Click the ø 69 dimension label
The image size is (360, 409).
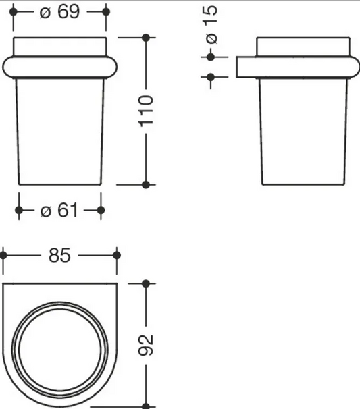pyautogui.click(x=59, y=12)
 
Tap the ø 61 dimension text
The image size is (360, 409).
pyautogui.click(x=59, y=210)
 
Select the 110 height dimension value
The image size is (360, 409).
pyautogui.click(x=146, y=111)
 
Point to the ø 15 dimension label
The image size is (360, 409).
pyautogui.click(x=211, y=24)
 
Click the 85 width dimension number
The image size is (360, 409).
pyautogui.click(x=59, y=255)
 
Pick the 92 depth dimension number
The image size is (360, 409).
pyautogui.click(x=146, y=346)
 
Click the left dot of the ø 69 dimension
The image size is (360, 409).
pyautogui.click(x=13, y=11)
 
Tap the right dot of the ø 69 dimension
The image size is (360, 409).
pyautogui.click(x=106, y=11)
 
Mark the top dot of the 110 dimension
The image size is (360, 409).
pyautogui.click(x=146, y=38)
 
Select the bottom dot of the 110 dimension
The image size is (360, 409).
pyautogui.click(x=146, y=185)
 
